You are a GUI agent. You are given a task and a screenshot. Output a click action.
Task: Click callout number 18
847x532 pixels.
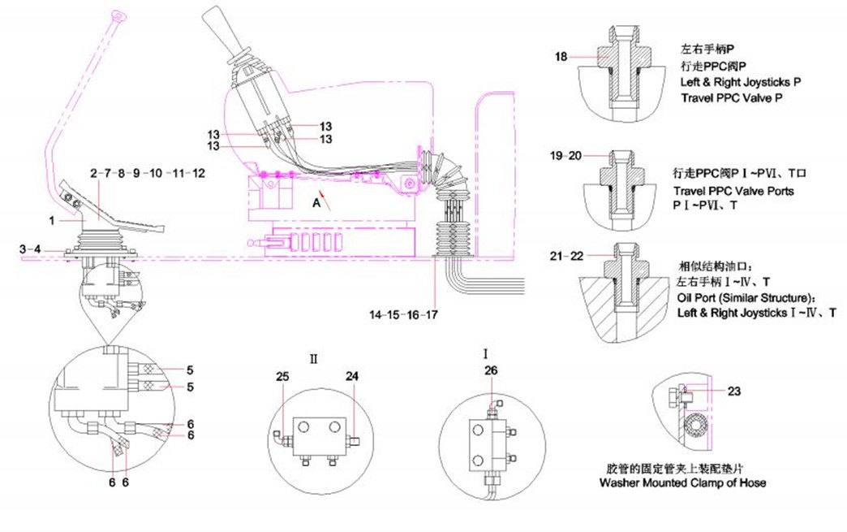coord(561,57)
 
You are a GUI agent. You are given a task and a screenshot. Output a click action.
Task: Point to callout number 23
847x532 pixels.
coord(733,391)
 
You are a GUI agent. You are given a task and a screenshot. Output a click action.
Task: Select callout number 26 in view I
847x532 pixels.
coord(492,371)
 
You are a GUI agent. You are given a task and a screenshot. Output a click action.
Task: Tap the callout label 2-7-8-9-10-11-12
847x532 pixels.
coord(148,173)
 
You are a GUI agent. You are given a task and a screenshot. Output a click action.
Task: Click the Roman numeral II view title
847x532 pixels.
coord(312,356)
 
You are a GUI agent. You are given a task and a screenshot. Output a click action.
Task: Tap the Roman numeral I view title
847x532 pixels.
coord(485,354)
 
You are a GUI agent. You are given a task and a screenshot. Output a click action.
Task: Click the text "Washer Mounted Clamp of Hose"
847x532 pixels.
coord(682,482)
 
